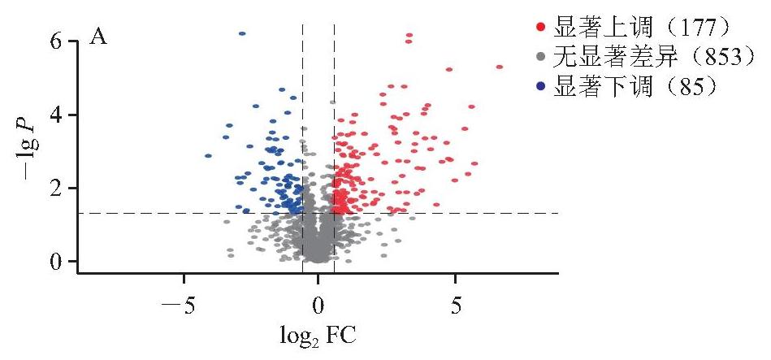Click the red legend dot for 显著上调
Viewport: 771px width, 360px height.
[541, 28]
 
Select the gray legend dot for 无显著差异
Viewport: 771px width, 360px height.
[541, 57]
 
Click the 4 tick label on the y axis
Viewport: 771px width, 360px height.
[58, 115]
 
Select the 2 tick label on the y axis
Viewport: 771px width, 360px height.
[58, 188]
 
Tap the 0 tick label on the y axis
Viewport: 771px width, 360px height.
[58, 261]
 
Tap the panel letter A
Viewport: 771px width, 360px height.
[97, 38]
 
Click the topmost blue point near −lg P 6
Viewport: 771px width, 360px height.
[242, 33]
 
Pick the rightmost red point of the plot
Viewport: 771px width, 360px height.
[500, 67]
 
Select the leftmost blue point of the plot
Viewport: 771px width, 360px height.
[208, 156]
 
